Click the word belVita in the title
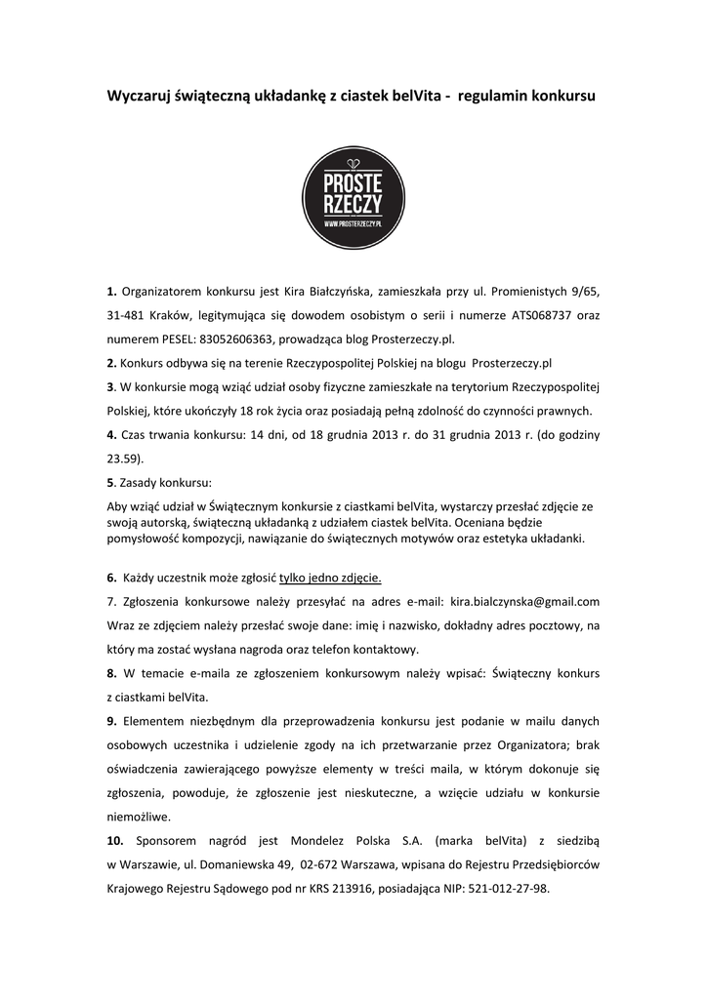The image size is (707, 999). pos(415,98)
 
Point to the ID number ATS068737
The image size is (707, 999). pos(546,315)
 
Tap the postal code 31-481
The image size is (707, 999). pos(128,315)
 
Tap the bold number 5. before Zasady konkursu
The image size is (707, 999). pos(110,482)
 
